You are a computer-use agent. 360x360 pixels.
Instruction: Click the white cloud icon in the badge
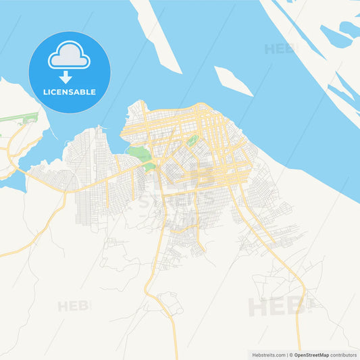(69, 56)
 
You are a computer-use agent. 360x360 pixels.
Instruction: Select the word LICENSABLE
(69, 92)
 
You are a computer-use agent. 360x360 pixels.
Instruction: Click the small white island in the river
(233, 80)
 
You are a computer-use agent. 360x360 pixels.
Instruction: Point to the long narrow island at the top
(157, 34)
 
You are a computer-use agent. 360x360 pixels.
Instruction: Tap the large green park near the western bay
(140, 155)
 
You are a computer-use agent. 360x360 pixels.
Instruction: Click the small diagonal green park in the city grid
(192, 141)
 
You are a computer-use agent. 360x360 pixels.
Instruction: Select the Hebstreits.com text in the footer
(268, 355)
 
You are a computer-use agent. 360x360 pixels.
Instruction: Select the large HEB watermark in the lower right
(277, 306)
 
